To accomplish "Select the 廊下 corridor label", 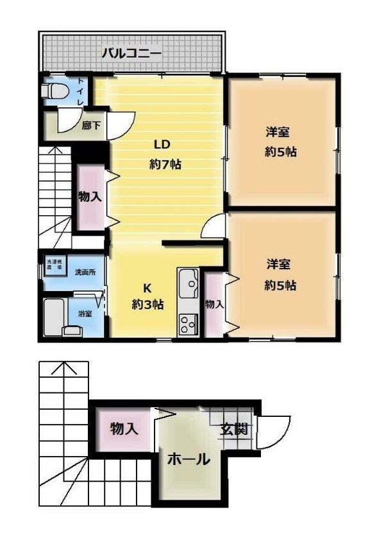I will click(x=91, y=126).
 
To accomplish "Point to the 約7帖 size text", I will click(x=165, y=164).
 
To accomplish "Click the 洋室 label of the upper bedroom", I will click(x=278, y=133).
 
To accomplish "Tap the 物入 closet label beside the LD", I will click(x=90, y=196).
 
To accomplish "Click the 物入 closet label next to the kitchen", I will click(x=214, y=304).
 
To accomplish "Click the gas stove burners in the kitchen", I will click(x=188, y=323).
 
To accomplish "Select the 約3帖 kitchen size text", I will click(x=147, y=304).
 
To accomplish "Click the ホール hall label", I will click(x=188, y=459).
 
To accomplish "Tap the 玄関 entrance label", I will click(x=234, y=429).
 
